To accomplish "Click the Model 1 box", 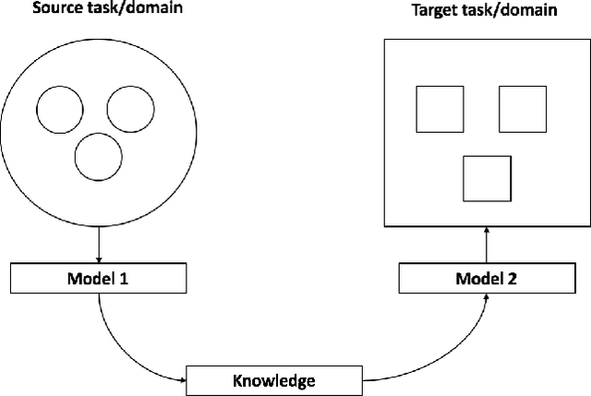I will click(97, 276).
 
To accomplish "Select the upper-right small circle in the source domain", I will click(130, 109).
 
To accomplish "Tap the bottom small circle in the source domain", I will click(98, 157).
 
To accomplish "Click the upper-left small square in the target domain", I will click(439, 110).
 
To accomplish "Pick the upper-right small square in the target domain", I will click(524, 110).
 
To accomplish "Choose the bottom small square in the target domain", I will click(487, 179).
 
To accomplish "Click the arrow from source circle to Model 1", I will click(97, 246).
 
